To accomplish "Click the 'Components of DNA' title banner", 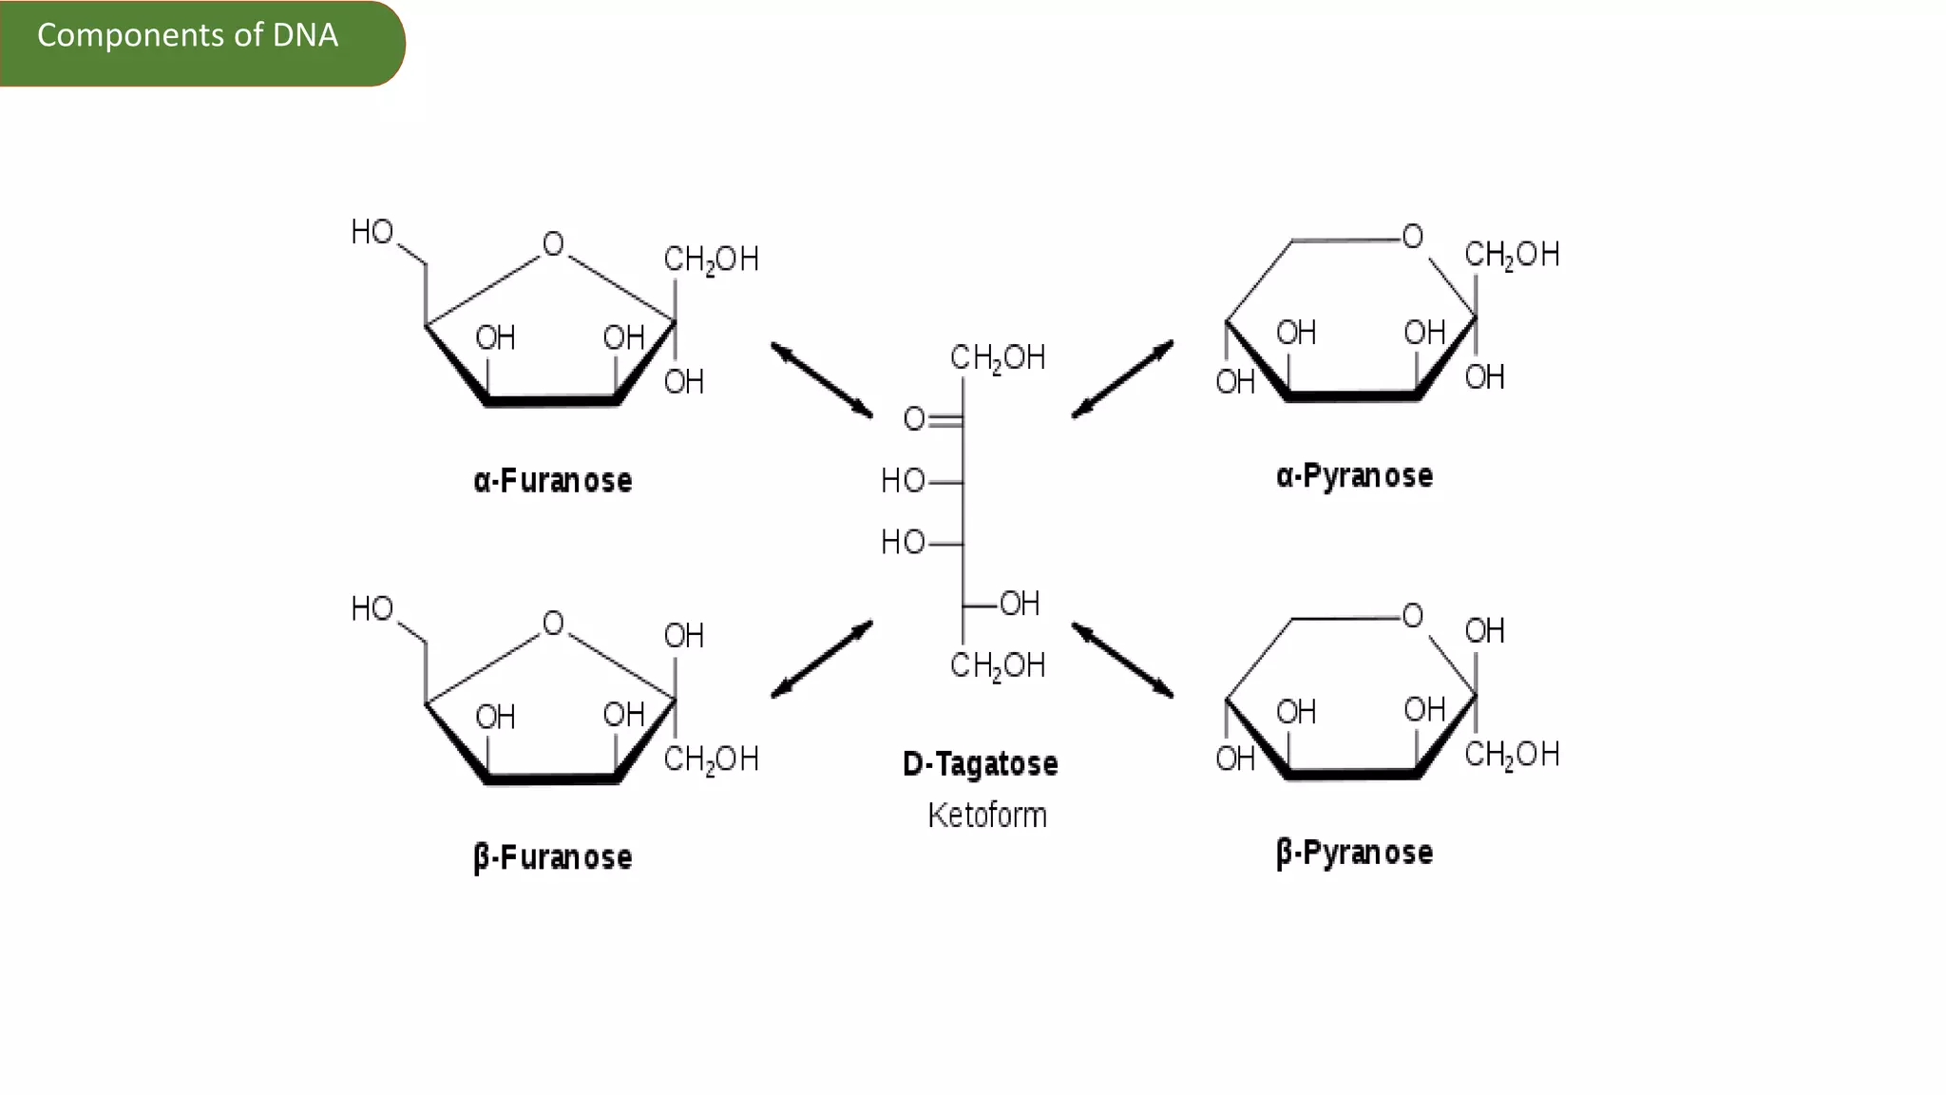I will point(188,36).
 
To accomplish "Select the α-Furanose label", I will point(552,481).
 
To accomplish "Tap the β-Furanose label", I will point(552,857).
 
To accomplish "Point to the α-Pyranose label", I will point(1354,475).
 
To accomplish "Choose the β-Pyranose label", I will point(1354,853).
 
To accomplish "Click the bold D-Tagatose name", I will point(980,764).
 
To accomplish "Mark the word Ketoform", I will point(987,816).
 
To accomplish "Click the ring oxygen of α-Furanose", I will point(553,245).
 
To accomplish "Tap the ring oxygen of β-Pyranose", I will point(1413,616).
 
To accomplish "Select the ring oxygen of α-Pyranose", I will point(1413,237).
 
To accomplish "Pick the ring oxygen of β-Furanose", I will point(553,624).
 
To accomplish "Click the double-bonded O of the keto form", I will point(914,419).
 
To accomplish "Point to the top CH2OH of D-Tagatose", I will point(998,358).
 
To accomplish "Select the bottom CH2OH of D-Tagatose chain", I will point(998,665).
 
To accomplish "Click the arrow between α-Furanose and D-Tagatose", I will point(822,380).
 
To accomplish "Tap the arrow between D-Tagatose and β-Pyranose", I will point(1122,661).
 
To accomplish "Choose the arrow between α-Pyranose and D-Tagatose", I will point(1122,379).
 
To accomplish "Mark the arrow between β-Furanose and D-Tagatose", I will point(822,661).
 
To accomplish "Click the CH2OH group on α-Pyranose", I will point(1512,255).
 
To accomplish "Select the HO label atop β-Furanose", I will point(372,609).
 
